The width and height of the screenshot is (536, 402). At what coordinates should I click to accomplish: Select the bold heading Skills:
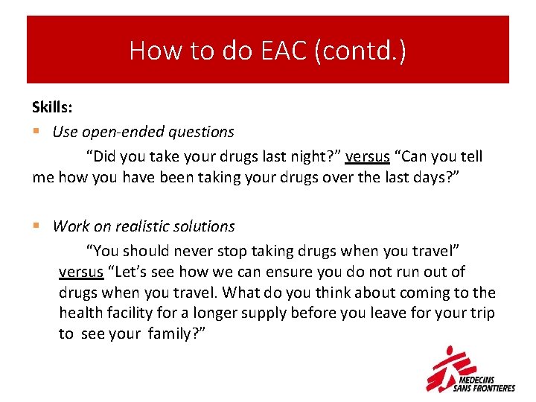(52, 108)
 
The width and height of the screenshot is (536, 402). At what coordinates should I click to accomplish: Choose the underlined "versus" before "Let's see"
(80, 272)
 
